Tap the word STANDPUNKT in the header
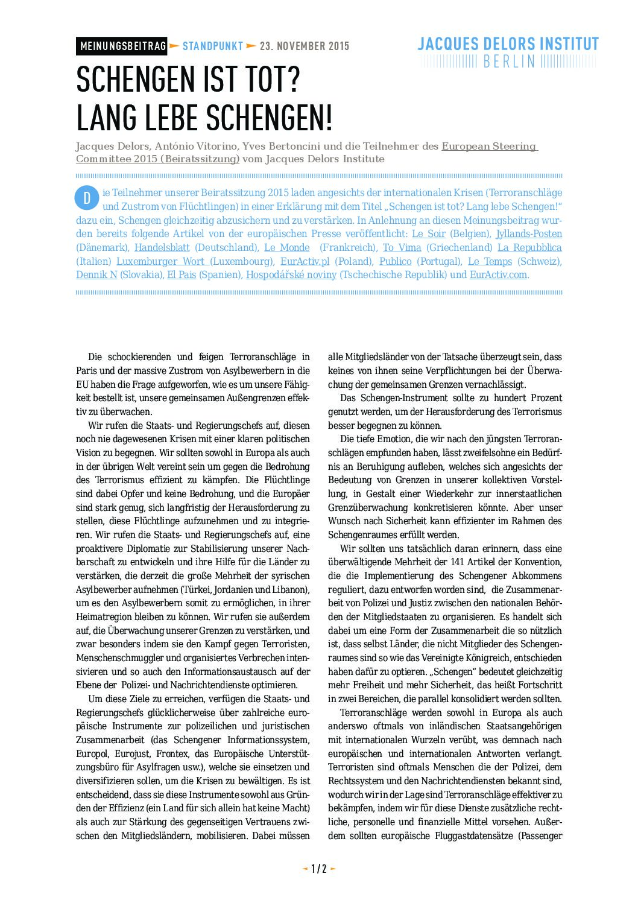tap(212, 46)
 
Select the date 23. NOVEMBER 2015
tap(305, 46)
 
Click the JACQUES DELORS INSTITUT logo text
tap(508, 44)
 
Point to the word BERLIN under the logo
tap(509, 62)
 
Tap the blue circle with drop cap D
tap(87, 198)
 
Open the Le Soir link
tap(428, 234)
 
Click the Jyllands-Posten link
tap(529, 234)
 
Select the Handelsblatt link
tap(162, 248)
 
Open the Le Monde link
tap(287, 248)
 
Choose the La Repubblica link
tap(529, 248)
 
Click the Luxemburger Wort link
tap(160, 262)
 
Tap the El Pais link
tap(182, 275)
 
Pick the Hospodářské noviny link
tap(291, 275)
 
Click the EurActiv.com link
tap(498, 275)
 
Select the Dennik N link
tap(96, 275)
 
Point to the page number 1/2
tap(318, 869)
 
